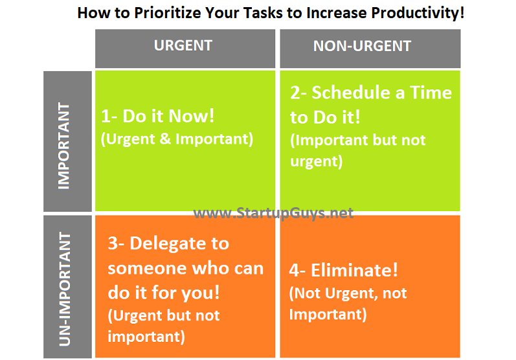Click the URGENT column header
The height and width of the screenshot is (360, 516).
[x=183, y=46]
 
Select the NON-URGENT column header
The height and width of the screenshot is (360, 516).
[x=362, y=47]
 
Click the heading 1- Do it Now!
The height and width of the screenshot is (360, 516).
[x=157, y=117]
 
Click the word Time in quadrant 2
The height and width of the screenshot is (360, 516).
[x=427, y=93]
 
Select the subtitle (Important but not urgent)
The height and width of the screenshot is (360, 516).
[x=357, y=151]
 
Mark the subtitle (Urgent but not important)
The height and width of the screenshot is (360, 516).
[x=163, y=326]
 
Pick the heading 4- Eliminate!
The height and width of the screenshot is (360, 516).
[x=343, y=270]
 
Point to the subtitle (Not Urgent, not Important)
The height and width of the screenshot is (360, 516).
[x=348, y=304]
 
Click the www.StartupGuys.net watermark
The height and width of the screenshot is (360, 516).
[x=274, y=213]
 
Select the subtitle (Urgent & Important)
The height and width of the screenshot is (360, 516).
[x=177, y=139]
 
